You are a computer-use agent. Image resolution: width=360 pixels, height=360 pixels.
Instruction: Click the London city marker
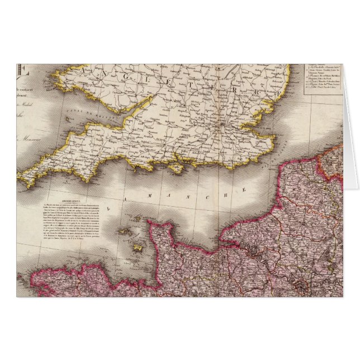pyautogui.click(x=225, y=124)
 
